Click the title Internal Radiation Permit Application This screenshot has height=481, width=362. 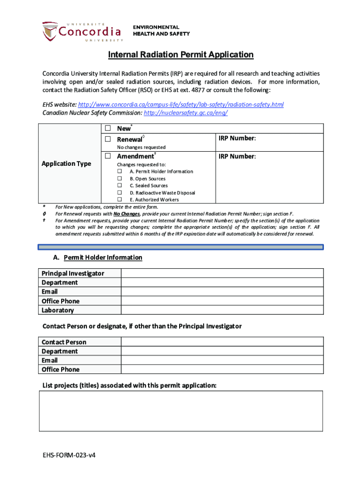click(181, 55)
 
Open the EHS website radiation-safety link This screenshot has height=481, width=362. click(181, 104)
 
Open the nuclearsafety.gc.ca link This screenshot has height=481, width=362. click(186, 113)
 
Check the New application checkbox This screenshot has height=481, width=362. click(108, 128)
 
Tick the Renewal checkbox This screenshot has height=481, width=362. click(108, 139)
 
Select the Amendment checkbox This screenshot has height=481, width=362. click(108, 156)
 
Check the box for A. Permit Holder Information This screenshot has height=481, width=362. click(119, 171)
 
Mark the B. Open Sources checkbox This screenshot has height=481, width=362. click(119, 178)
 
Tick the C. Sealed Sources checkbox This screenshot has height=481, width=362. click(119, 186)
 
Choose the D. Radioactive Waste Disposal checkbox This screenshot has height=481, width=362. click(119, 193)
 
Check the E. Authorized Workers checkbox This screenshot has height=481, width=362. click(119, 200)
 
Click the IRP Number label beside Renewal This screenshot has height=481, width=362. click(237, 138)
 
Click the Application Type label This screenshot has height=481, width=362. click(66, 163)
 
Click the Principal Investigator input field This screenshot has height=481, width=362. click(222, 273)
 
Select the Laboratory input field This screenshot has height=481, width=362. click(222, 310)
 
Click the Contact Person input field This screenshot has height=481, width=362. click(222, 342)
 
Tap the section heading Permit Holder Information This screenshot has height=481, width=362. click(102, 257)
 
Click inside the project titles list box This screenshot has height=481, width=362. click(181, 411)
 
